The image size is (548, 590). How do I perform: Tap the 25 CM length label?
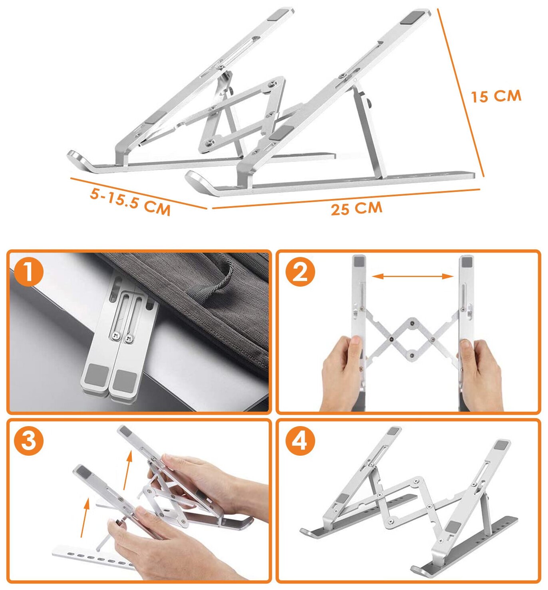(357, 208)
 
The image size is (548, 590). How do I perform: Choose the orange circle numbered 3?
(29, 441)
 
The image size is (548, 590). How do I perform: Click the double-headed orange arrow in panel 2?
(413, 277)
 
